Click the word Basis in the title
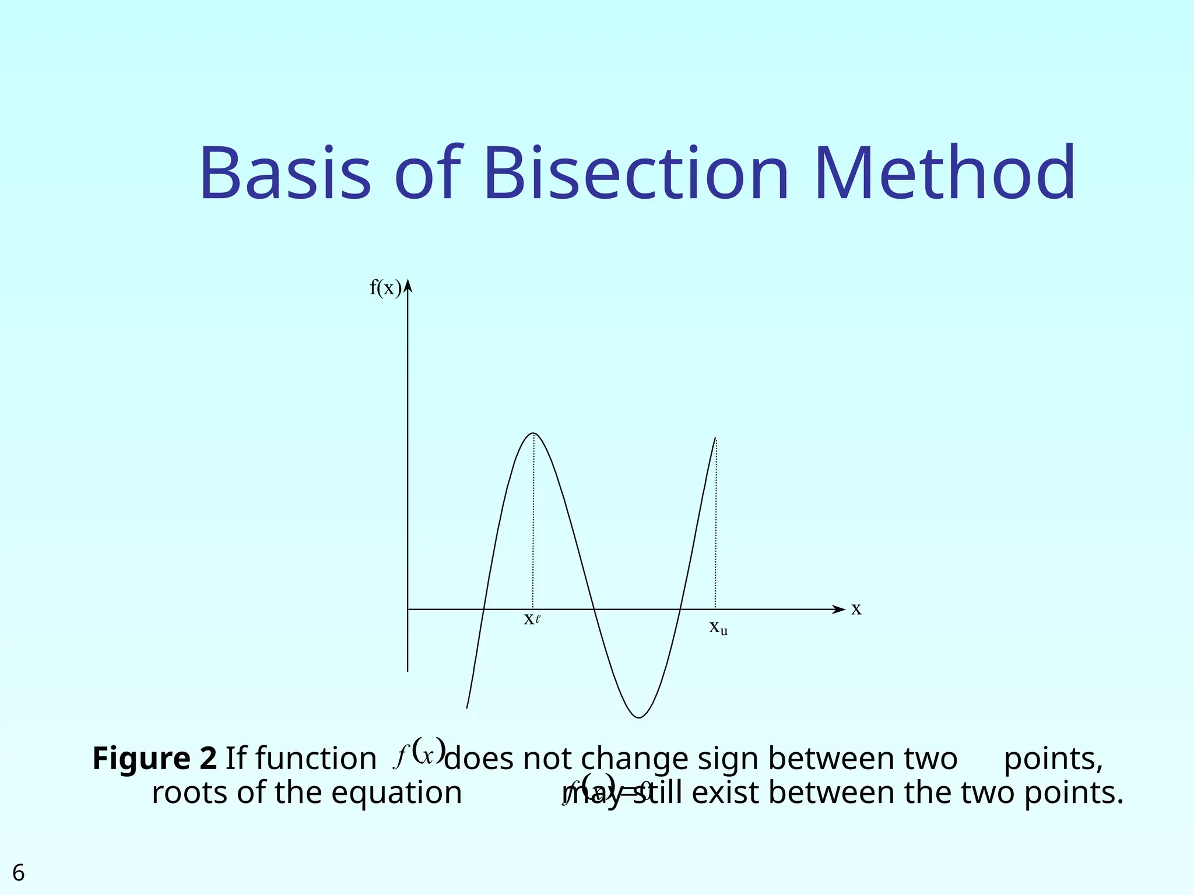tap(285, 174)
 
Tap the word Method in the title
tap(944, 174)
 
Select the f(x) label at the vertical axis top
tap(385, 288)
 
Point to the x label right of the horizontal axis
tap(856, 609)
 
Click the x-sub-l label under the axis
tap(532, 619)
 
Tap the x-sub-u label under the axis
tap(718, 627)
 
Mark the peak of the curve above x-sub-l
tap(533, 434)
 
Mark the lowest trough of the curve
tap(639, 717)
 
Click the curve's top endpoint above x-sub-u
tap(715, 438)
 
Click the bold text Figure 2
tap(154, 759)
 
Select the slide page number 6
tap(19, 873)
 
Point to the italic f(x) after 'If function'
tap(420, 754)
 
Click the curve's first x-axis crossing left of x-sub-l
tap(483, 609)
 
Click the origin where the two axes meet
tap(408, 609)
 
